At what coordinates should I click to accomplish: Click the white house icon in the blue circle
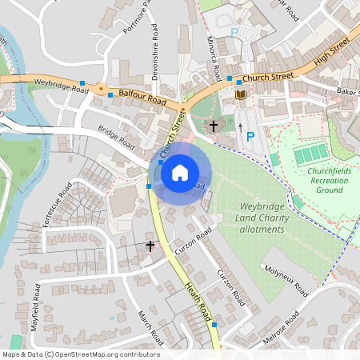pyautogui.click(x=180, y=172)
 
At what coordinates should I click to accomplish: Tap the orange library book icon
pyautogui.click(x=241, y=95)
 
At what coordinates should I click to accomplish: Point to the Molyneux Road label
pyautogui.click(x=286, y=281)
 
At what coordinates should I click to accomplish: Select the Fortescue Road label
pyautogui.click(x=58, y=206)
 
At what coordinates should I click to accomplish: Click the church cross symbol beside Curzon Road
pyautogui.click(x=150, y=246)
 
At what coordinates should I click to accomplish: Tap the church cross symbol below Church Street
pyautogui.click(x=213, y=126)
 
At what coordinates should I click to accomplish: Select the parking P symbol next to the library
pyautogui.click(x=250, y=137)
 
